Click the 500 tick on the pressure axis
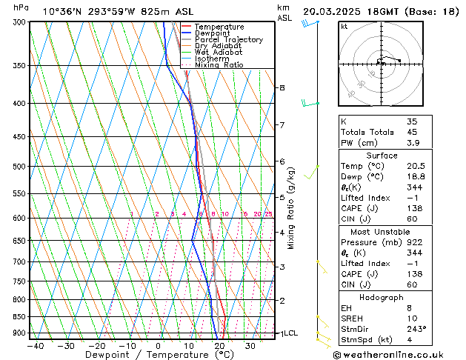click(19, 167)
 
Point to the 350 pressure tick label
click(19, 66)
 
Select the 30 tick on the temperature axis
click(250, 345)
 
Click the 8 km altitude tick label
click(282, 87)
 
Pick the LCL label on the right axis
click(290, 333)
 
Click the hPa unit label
click(21, 7)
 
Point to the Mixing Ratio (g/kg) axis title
click(291, 208)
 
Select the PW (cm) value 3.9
click(413, 143)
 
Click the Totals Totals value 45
click(413, 132)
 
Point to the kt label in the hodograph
click(344, 26)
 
